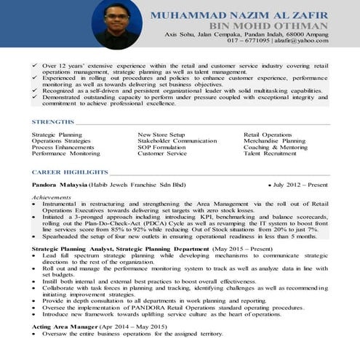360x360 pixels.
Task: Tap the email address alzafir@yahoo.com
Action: click(302, 41)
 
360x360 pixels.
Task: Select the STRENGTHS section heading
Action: click(53, 121)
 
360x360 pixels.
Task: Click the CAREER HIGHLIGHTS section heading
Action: click(70, 172)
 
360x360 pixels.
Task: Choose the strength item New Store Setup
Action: click(163, 135)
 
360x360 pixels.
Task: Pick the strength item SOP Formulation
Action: click(161, 147)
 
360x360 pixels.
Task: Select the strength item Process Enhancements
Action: click(63, 147)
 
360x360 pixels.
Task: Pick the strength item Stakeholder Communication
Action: click(177, 141)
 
